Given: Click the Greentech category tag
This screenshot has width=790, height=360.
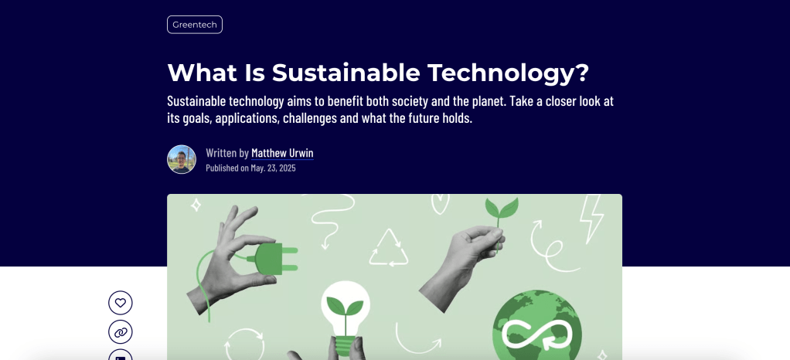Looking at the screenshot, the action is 195,25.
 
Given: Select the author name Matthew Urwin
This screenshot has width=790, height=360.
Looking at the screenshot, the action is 282,153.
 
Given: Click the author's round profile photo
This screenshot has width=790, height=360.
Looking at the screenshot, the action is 182,159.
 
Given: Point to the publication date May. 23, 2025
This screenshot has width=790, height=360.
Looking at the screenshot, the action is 273,168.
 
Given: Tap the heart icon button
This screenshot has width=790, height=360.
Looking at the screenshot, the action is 121,303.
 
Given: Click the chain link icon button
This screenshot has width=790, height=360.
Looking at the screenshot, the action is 121,332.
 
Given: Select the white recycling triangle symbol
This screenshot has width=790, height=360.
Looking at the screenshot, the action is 389,248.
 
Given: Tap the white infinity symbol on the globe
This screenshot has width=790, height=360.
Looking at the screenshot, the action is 537,334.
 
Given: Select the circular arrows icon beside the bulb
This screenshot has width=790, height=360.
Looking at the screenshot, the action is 244,345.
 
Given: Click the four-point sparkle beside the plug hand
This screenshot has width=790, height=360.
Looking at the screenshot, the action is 196,205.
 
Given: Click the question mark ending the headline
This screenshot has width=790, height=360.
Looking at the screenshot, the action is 581,72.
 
